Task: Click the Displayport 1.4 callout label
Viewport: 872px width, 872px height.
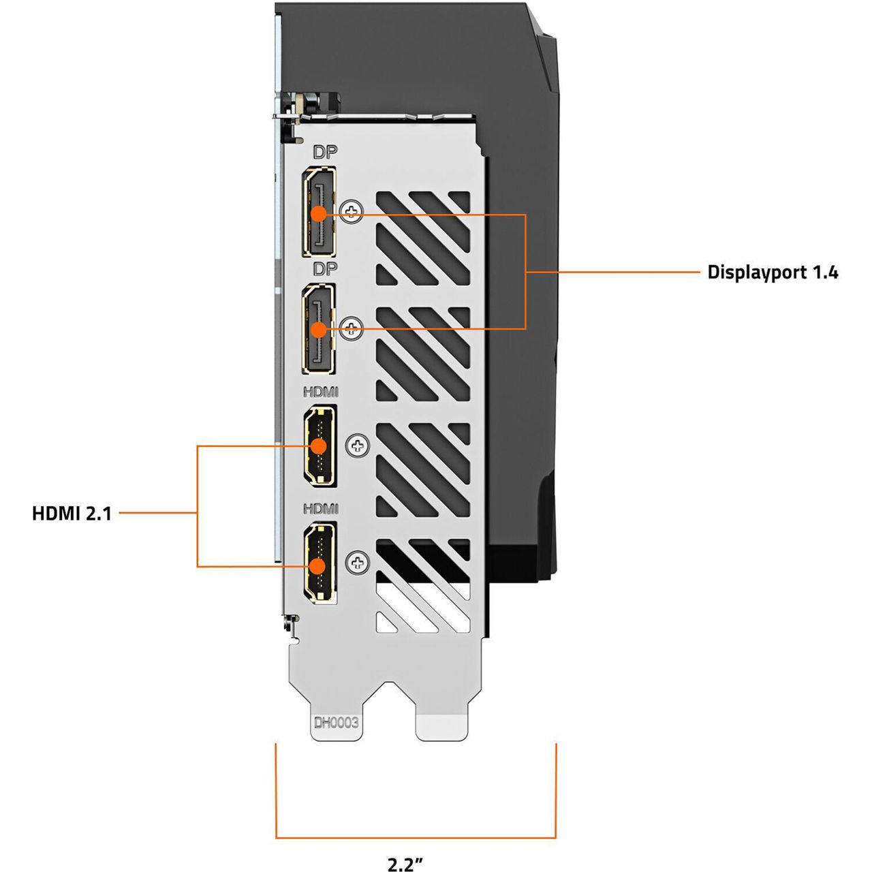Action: point(773,272)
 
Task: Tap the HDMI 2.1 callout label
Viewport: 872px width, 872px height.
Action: point(72,513)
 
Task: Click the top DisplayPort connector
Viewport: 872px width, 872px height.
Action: point(319,212)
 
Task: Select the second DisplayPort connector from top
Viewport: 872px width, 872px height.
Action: point(319,328)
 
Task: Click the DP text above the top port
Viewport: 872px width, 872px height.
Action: point(325,152)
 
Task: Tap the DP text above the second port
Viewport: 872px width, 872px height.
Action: point(325,269)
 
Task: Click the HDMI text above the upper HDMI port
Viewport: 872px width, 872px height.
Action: point(321,392)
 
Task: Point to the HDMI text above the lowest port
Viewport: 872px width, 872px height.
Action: point(321,509)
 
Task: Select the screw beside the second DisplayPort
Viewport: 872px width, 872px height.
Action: point(352,329)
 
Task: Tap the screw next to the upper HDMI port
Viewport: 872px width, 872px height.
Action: point(358,446)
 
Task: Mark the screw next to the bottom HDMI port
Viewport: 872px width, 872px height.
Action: point(358,563)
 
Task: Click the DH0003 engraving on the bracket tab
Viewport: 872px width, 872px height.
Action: point(336,723)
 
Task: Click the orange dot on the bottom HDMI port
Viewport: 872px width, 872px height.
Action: point(318,565)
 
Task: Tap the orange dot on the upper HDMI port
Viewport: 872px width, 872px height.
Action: point(318,446)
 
